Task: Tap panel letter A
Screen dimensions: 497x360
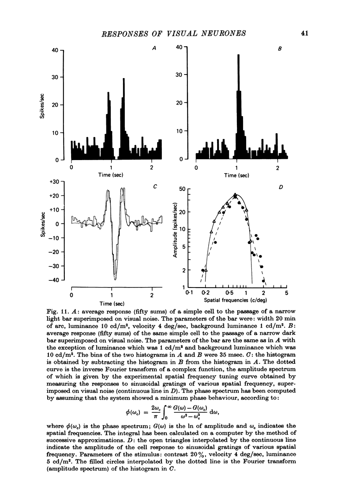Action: (x=154, y=50)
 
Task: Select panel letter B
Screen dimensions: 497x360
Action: (x=280, y=50)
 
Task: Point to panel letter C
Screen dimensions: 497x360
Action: (x=155, y=187)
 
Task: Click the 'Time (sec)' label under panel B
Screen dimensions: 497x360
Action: (x=237, y=175)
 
